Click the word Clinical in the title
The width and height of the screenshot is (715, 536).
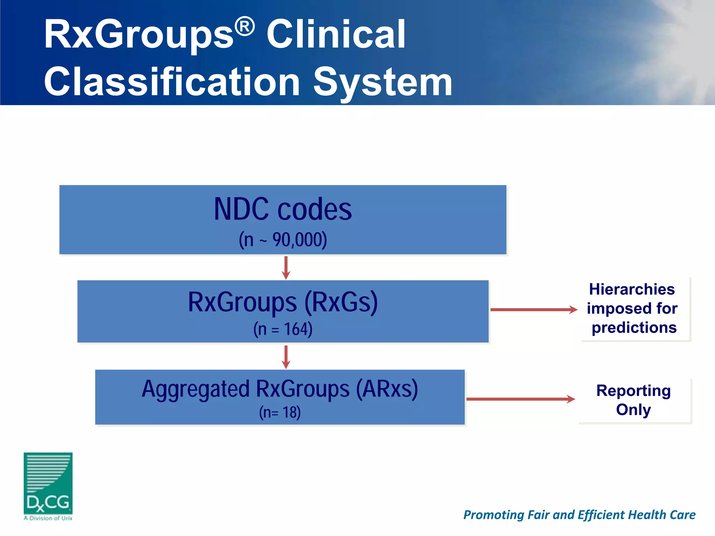[336, 34]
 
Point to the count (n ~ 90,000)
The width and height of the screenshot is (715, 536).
[283, 240]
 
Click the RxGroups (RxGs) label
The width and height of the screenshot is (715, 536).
[283, 302]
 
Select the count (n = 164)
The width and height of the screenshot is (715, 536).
[283, 329]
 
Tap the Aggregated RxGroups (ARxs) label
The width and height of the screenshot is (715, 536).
[280, 389]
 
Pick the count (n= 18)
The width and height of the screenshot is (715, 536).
[280, 412]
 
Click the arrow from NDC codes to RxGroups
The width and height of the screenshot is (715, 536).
[286, 268]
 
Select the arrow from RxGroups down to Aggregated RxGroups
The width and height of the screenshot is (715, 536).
[286, 357]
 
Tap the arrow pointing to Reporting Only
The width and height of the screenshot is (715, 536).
[520, 399]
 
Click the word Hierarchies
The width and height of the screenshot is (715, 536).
[632, 289]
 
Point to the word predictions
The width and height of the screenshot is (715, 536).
[634, 328]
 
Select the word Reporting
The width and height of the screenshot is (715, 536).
[633, 390]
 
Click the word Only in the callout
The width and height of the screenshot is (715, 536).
[633, 409]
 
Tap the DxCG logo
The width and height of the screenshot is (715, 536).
[48, 485]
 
